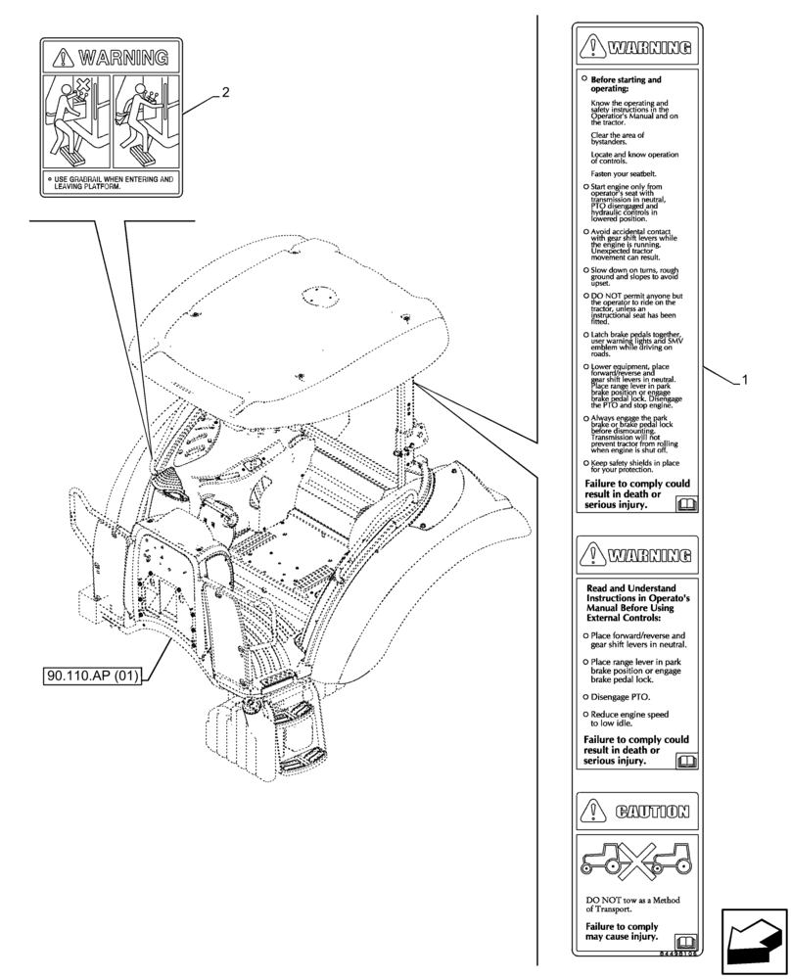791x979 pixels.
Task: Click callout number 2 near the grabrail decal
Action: tap(225, 93)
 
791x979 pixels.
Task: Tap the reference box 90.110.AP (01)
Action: tap(93, 677)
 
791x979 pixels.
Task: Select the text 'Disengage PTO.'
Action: tap(619, 696)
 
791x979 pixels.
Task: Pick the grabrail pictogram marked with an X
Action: tap(77, 120)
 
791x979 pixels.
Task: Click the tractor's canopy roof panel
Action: tap(284, 323)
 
